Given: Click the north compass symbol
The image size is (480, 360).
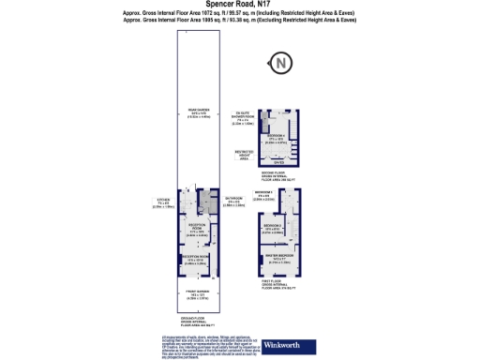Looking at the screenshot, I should click(x=281, y=64).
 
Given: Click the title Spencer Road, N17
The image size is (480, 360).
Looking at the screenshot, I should click(x=240, y=5).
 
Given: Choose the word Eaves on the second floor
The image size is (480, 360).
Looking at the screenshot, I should click(x=277, y=160).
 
